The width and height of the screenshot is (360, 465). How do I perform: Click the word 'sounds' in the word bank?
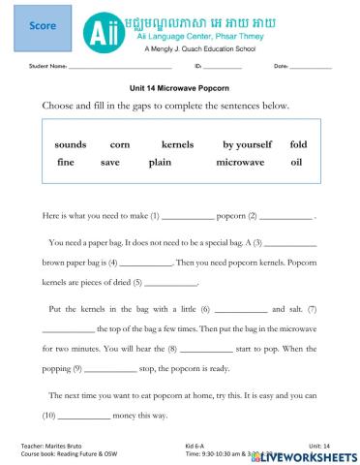click(x=71, y=144)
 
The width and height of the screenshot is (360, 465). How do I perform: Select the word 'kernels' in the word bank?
click(x=177, y=144)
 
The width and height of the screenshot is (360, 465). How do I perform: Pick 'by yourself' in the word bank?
click(x=247, y=144)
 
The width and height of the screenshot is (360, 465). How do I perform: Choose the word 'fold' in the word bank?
click(x=298, y=144)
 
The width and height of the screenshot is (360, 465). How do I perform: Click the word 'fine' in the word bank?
click(x=65, y=163)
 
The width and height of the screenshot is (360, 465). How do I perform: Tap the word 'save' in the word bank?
click(x=110, y=163)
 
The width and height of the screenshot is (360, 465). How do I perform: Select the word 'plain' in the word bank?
click(x=160, y=163)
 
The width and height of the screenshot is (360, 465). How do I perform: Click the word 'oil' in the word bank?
click(x=296, y=163)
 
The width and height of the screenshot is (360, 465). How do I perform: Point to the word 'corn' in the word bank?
click(x=120, y=144)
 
